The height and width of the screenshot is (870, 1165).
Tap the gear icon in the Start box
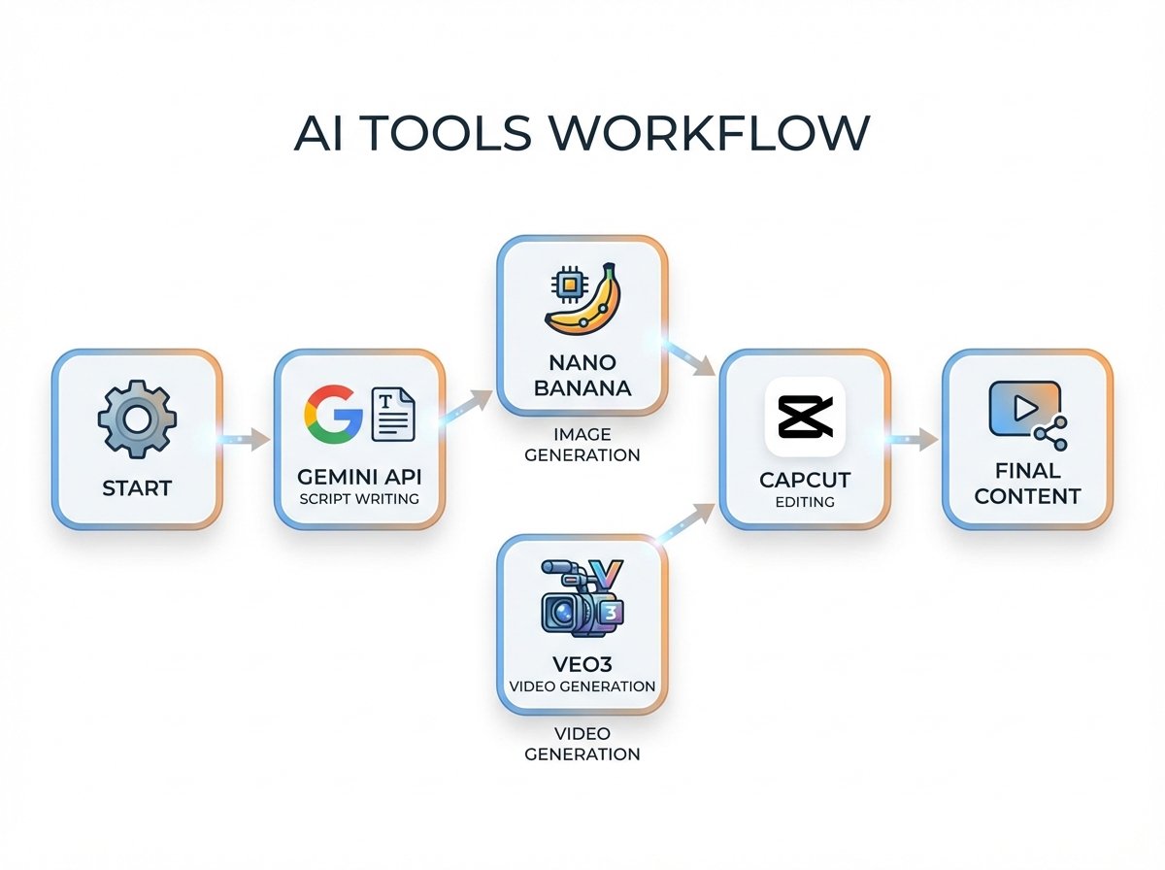click(137, 419)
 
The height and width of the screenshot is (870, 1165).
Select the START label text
click(137, 487)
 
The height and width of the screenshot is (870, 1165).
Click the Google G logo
click(333, 414)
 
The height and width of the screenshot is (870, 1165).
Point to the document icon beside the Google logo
click(393, 415)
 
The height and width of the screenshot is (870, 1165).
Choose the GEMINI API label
click(359, 477)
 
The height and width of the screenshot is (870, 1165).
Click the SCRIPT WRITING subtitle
click(359, 499)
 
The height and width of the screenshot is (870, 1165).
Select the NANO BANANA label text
click(582, 376)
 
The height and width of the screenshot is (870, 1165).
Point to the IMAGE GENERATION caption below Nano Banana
click(582, 444)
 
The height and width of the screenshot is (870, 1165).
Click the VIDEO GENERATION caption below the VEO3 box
click(582, 744)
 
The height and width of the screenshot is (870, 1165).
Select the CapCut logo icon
click(805, 418)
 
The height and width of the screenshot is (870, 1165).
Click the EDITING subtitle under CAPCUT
click(805, 502)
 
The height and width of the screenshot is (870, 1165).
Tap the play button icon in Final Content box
click(1022, 409)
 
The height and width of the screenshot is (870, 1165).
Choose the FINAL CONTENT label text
click(1027, 484)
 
